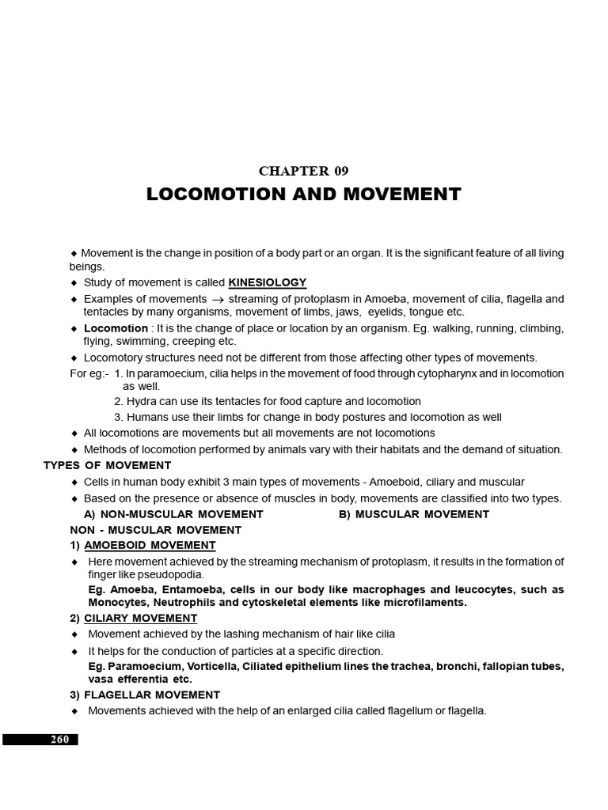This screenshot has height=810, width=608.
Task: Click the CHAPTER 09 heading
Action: click(303, 170)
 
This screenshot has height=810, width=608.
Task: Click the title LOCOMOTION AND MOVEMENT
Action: click(303, 195)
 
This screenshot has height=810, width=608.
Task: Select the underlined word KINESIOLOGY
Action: click(267, 282)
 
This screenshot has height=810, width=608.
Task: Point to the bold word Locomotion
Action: click(116, 328)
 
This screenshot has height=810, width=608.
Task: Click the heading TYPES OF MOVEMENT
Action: click(107, 465)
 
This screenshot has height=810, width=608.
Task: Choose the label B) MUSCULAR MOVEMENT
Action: click(414, 514)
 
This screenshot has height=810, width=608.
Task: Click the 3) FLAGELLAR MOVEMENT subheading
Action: click(145, 695)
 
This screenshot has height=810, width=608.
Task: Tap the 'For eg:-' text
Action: click(89, 373)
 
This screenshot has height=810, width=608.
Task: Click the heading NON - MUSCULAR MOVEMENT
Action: click(155, 529)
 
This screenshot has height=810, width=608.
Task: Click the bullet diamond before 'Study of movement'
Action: click(74, 283)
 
